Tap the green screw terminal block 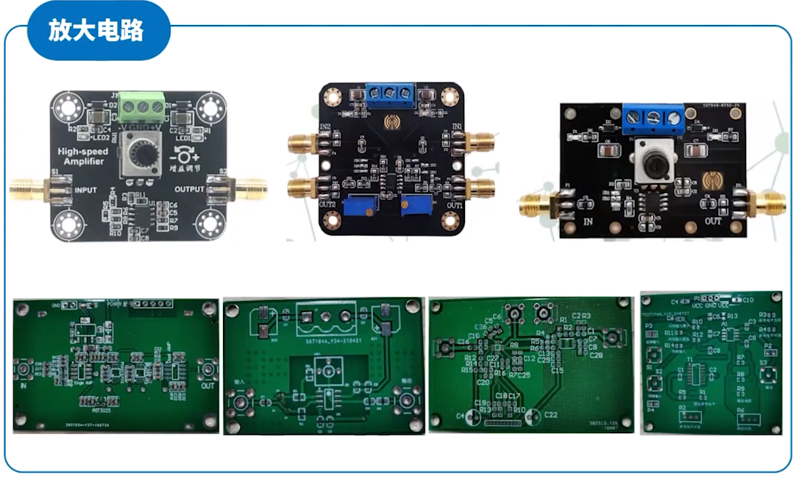[x=141, y=107]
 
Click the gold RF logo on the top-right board [x=711, y=180]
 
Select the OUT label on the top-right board [x=713, y=220]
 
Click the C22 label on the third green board [x=552, y=415]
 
